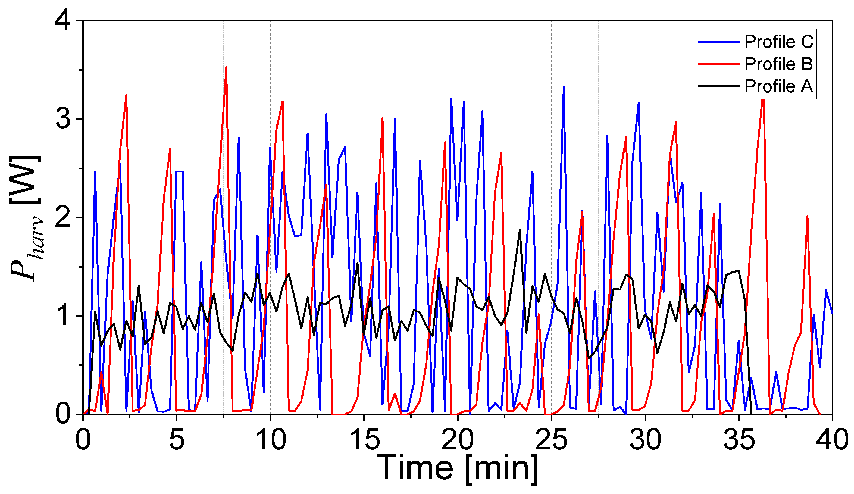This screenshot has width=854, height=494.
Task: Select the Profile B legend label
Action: coord(778,64)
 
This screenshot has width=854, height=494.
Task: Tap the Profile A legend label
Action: coord(778,86)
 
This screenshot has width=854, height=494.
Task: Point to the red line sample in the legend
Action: coord(718,64)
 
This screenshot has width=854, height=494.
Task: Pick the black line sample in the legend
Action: coord(718,86)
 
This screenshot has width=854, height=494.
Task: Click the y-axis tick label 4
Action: coord(63,21)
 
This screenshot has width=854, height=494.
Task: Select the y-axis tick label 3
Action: coord(63,119)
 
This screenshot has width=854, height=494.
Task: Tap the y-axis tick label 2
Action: coord(63,218)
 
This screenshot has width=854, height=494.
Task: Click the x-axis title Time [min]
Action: coord(458,468)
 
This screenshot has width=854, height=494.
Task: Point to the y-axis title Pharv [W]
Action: coord(26,218)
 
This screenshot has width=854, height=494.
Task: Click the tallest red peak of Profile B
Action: coord(226,67)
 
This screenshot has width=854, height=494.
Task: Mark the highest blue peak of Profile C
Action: coord(564,87)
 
